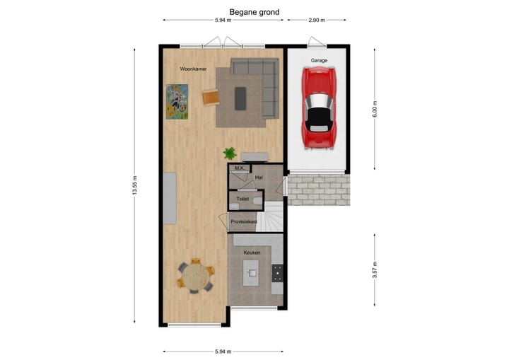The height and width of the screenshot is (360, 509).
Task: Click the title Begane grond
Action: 254,12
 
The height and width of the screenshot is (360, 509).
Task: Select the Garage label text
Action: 319,62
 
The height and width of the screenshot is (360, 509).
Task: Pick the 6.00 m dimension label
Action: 375,108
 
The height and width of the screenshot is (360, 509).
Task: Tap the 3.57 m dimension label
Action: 375,272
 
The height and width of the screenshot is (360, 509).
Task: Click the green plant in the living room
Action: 230,153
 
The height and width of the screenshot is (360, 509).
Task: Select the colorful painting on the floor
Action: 177,102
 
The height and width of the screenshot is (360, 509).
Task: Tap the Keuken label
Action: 252,252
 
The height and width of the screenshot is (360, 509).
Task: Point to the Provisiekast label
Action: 245,223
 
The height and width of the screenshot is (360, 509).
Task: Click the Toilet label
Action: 242,200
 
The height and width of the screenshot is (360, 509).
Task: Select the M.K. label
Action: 240,168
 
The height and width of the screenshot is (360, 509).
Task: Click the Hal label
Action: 259,177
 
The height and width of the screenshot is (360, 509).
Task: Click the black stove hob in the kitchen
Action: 277,272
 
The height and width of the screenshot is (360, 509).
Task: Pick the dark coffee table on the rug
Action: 240,98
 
